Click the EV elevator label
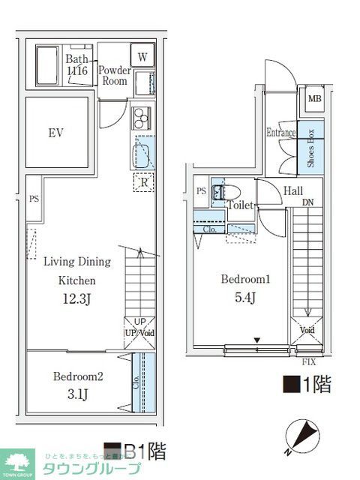pos(55,133)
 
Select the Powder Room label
pos(116,76)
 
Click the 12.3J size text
pos(76,301)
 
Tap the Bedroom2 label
pos(77,376)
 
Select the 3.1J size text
pos(77,394)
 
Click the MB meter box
pos(313,98)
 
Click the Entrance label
pos(280,133)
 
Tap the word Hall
pos(293,191)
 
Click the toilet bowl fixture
pos(218,191)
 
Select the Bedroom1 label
pos(244,279)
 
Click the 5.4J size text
pos(244,298)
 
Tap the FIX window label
pos(308,362)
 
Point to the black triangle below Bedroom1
pos(257,341)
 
